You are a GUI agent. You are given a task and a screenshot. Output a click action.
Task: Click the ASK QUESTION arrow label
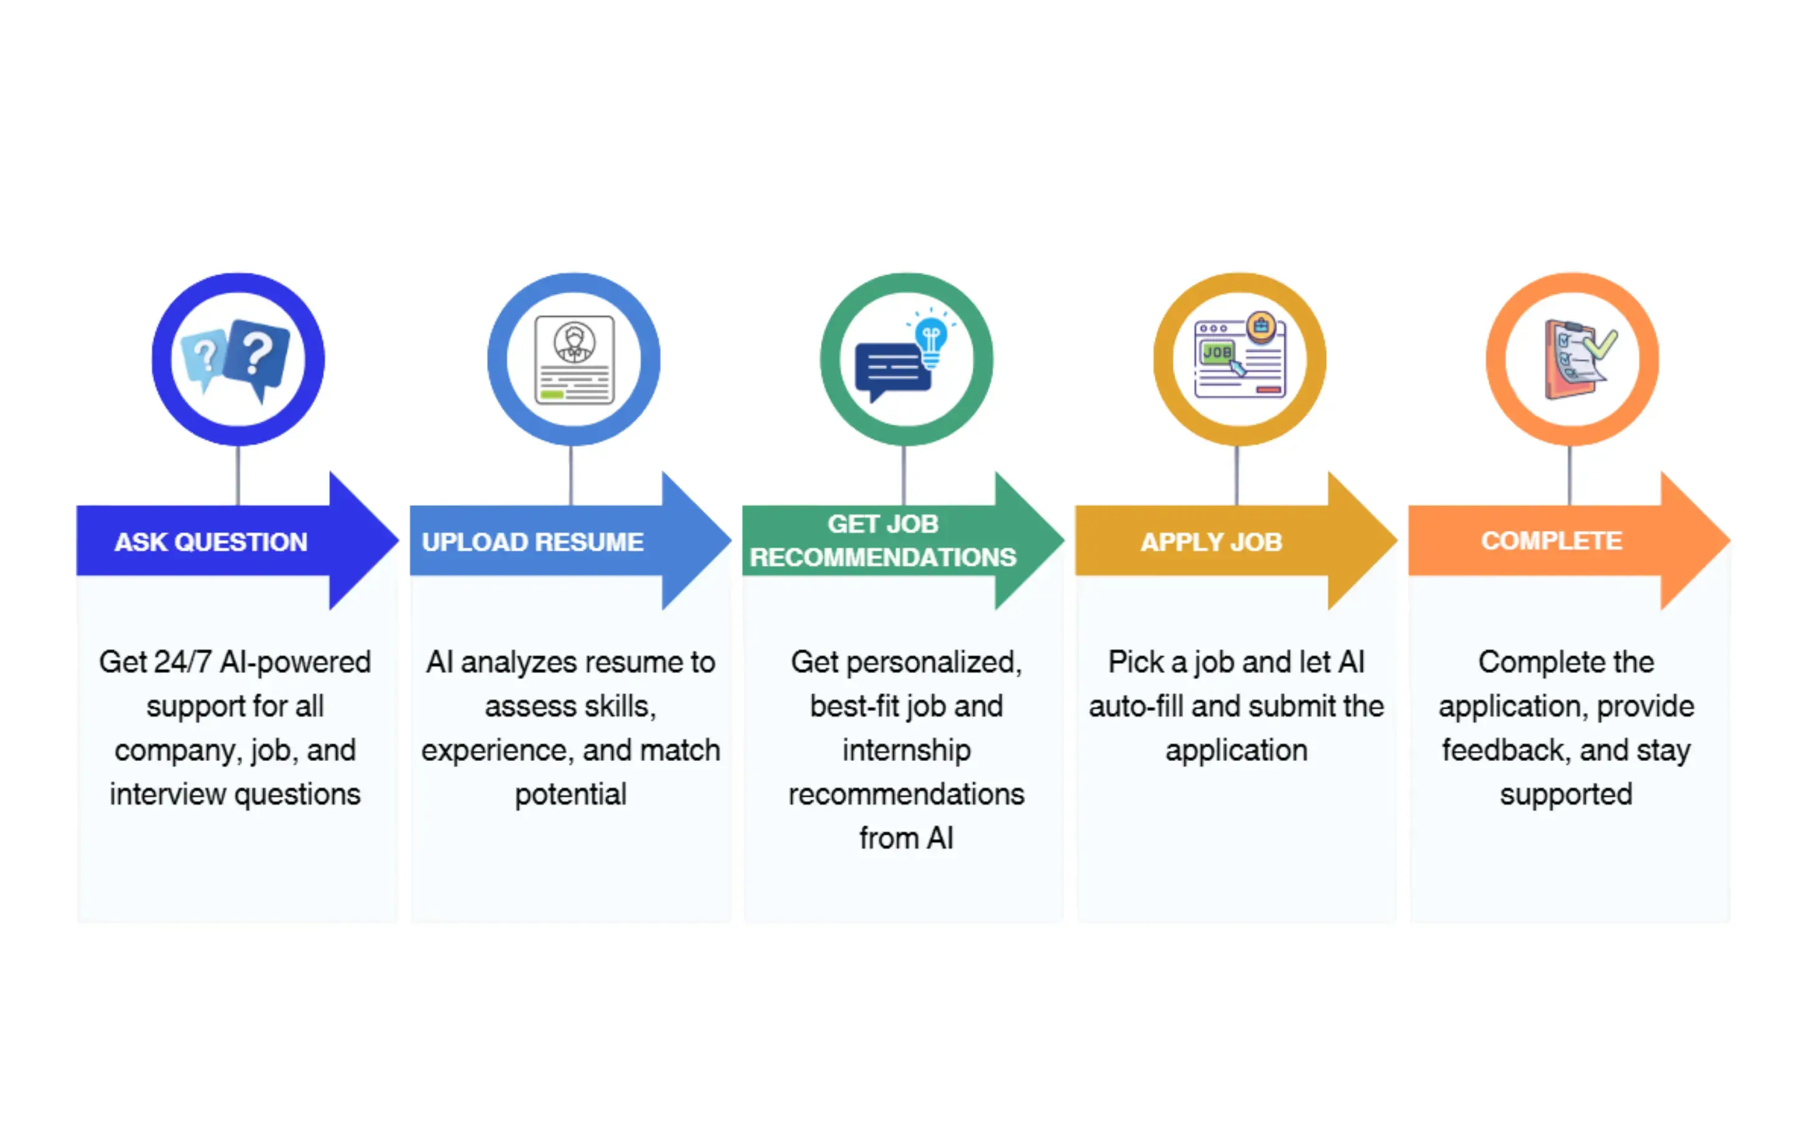[210, 541]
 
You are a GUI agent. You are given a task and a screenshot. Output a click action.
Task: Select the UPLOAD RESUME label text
[533, 541]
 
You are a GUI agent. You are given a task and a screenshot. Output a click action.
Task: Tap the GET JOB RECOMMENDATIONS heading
[882, 541]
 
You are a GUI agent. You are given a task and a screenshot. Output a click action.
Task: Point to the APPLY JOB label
[1211, 541]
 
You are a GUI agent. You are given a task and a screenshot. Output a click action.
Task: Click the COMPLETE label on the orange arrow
[1552, 541]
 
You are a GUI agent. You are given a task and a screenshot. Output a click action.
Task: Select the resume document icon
[574, 359]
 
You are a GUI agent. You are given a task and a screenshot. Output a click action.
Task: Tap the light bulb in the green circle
[931, 339]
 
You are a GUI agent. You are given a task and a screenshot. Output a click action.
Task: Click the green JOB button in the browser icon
[1217, 352]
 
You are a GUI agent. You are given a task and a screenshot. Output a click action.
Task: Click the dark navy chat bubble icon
[891, 369]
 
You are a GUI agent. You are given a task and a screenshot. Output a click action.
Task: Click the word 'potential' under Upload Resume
[571, 795]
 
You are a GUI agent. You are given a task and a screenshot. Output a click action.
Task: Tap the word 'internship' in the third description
[906, 750]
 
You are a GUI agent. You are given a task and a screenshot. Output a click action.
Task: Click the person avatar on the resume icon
[574, 342]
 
